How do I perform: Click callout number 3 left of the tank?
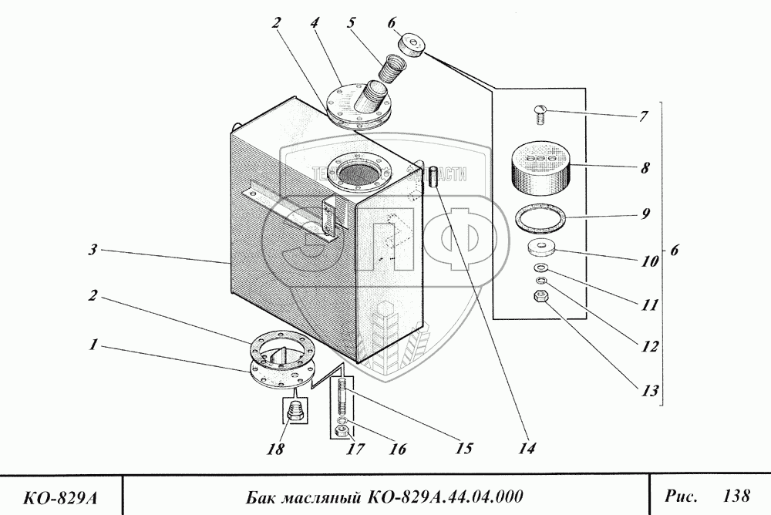point(92,250)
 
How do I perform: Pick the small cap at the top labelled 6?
point(413,47)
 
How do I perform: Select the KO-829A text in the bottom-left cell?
point(61,494)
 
